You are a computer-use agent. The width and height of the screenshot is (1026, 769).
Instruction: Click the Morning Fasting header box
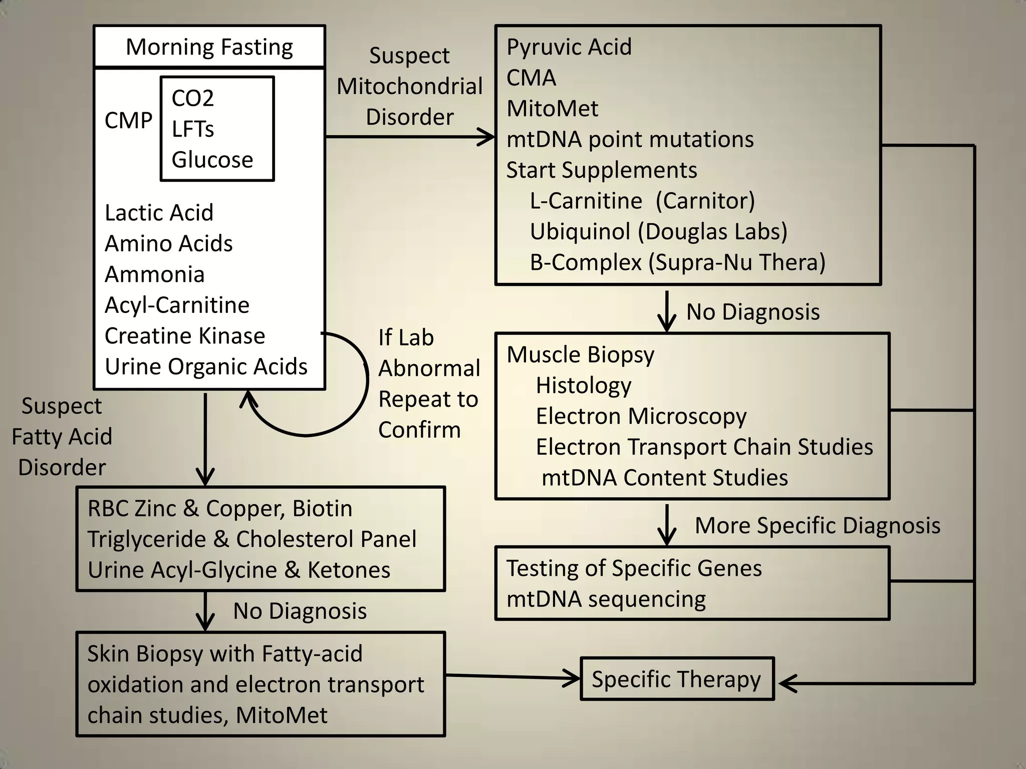pos(209,47)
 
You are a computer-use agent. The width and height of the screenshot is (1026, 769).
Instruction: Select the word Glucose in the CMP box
pos(212,160)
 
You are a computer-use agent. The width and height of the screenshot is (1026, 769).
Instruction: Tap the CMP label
pos(128,121)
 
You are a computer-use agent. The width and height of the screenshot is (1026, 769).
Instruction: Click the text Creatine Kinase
pos(184,336)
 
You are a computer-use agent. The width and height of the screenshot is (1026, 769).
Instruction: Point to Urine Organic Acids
pos(206,367)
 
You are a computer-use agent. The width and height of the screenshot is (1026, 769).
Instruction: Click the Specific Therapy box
pos(676,679)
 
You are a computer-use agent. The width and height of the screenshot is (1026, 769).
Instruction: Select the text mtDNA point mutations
pos(630,140)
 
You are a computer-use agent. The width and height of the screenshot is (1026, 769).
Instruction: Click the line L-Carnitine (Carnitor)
pos(642,201)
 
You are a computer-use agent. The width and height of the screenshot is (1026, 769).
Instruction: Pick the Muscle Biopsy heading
pos(580,355)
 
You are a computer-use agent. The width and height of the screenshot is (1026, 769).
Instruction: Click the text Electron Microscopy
pos(641,417)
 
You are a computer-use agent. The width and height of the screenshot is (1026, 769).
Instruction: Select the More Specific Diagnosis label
pos(817,526)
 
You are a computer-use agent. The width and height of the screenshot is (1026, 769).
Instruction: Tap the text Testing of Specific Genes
pos(634,569)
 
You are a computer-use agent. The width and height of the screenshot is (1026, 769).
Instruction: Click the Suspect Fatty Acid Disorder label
pos(62,437)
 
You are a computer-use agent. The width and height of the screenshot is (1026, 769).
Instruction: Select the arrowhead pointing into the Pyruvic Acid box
pos(487,136)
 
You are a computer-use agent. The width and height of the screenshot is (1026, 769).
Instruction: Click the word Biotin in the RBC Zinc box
pos(322,509)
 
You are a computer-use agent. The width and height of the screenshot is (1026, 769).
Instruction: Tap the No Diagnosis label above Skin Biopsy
pos(300,611)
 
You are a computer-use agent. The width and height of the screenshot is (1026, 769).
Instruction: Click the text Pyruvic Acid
pos(569,47)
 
